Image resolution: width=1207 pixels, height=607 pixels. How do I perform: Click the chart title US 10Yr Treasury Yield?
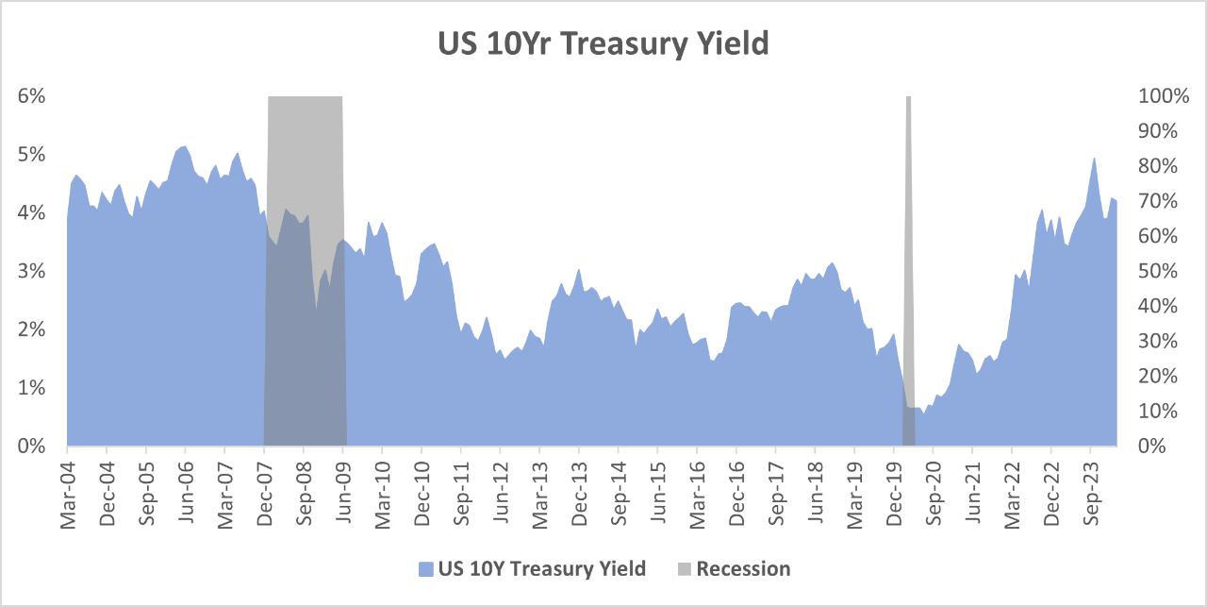click(603, 43)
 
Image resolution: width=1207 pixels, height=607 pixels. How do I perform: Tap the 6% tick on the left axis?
click(32, 96)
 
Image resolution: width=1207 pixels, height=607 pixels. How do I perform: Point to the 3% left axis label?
click(32, 271)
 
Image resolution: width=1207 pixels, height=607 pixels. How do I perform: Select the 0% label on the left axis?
click(32, 446)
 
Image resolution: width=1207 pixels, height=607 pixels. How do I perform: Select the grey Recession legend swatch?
click(684, 569)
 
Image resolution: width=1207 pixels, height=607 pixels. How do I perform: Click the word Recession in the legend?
click(743, 568)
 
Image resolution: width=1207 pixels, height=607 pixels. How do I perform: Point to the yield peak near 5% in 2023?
click(1094, 159)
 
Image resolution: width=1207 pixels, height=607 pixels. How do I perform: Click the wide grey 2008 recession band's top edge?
click(305, 97)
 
